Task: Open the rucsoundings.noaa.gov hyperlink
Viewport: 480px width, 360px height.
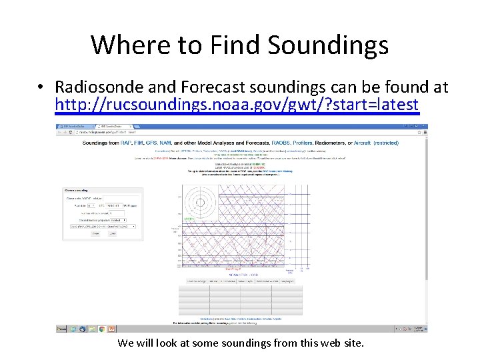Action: click(x=237, y=105)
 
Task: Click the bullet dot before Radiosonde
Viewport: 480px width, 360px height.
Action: click(x=41, y=88)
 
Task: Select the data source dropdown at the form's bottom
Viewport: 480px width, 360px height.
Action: click(x=99, y=226)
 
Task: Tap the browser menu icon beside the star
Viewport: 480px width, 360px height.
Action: click(x=424, y=132)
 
